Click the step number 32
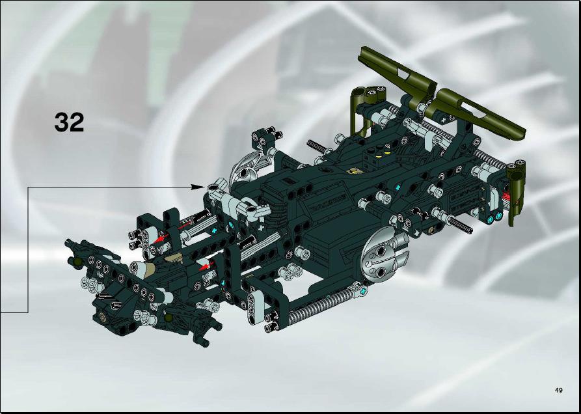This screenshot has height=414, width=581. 69,122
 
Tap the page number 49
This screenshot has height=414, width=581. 559,390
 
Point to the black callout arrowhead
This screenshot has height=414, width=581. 198,187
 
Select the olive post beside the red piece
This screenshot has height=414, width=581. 517,193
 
